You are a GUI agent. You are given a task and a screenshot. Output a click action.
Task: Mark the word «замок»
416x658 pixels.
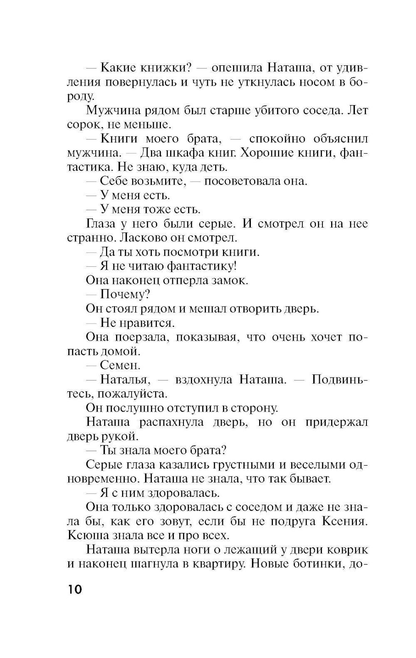(230, 280)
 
